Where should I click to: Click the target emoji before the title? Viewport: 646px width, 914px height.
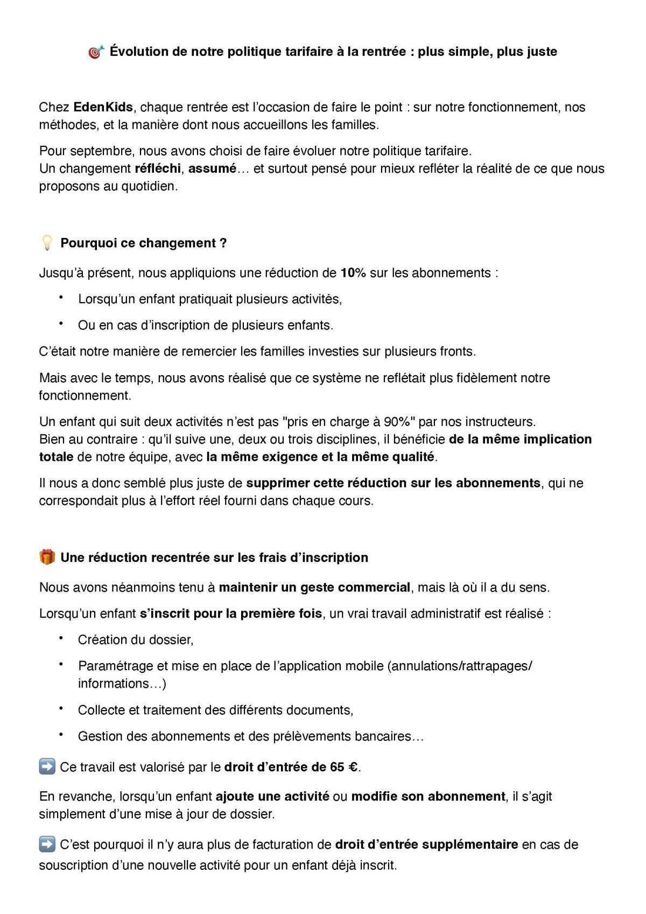(95, 52)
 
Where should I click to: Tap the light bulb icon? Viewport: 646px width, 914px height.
(47, 243)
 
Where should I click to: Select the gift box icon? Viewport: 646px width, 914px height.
(47, 557)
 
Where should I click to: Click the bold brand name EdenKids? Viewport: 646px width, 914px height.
(103, 107)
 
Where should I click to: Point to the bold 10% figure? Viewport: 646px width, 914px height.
(353, 273)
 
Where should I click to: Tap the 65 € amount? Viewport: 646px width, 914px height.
(344, 767)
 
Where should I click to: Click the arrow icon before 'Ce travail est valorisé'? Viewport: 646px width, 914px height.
(47, 767)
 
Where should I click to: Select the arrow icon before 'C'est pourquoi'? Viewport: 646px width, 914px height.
(47, 844)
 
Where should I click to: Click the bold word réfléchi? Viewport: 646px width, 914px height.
(157, 168)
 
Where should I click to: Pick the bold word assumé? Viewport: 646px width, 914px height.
(212, 168)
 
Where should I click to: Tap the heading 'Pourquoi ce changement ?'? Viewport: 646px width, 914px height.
(143, 243)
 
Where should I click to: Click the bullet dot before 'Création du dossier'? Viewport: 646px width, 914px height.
(61, 638)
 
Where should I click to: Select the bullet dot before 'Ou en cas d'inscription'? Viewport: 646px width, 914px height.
(61, 324)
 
